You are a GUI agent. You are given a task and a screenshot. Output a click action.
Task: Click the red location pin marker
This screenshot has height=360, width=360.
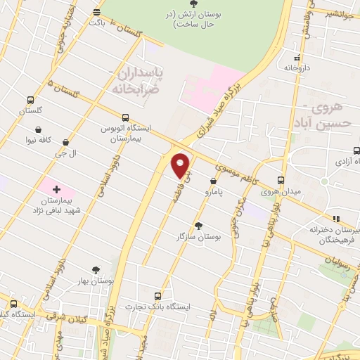[181, 165]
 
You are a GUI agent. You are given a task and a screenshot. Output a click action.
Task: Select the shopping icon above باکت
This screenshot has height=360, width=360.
[97, 12]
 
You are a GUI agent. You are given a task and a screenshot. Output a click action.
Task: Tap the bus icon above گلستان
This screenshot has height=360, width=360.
[30, 100]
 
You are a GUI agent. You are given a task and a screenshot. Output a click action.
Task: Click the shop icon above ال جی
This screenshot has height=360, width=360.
[66, 142]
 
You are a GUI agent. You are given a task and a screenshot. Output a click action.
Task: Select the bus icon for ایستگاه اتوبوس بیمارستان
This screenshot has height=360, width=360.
[125, 117]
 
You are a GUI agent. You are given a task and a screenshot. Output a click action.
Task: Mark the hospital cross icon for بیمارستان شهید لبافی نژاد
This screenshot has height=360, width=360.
[57, 189]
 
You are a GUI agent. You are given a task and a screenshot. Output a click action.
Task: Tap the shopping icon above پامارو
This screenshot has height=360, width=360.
[213, 181]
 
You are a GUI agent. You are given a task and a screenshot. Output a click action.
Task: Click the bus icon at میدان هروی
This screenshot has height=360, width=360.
[281, 180]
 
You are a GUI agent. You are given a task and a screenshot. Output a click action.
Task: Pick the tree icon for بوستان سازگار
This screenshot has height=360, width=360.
[198, 226]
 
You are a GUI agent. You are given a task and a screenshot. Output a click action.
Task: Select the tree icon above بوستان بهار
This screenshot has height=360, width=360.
[96, 269]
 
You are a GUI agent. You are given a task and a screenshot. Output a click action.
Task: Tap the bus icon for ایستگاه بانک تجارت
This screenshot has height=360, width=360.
[157, 295]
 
